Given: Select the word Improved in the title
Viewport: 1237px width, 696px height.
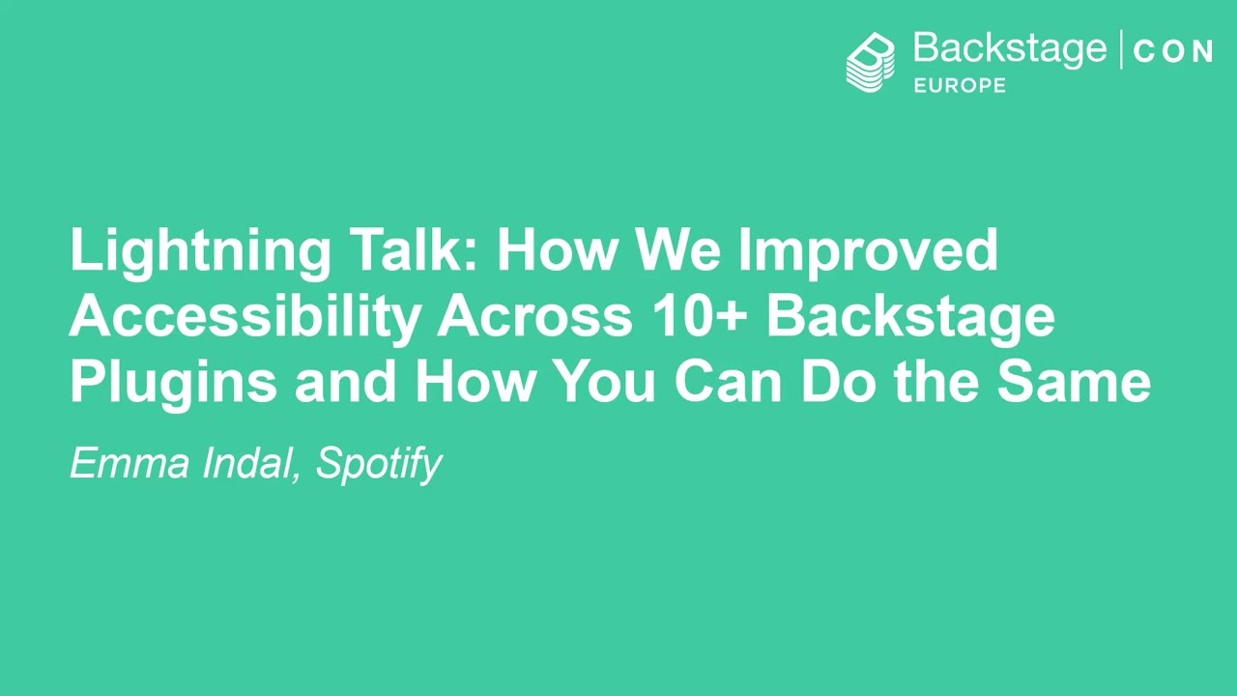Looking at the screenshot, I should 868,251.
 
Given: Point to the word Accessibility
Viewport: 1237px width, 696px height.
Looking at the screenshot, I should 245,317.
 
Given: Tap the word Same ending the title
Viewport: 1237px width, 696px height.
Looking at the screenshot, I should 1074,381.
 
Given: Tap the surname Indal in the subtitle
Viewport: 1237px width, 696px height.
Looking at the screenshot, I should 246,464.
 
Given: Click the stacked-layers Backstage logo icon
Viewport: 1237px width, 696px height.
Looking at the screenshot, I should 871,62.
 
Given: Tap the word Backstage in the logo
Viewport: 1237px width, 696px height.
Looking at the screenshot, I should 1009,48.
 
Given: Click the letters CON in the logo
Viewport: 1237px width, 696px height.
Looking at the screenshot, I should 1172,52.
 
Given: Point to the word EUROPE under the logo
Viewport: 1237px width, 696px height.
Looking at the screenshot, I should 960,85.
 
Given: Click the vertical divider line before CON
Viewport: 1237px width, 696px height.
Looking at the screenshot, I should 1121,50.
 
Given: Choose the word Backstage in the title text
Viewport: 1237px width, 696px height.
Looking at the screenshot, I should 909,317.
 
